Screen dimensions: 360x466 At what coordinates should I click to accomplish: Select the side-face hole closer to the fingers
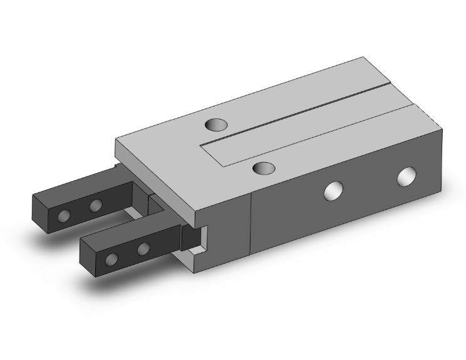pos(333,191)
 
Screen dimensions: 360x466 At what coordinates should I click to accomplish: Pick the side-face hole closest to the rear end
pos(407,177)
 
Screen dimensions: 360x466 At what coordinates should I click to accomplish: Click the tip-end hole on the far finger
pos(63,216)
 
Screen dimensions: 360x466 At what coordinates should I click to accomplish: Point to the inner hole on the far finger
pos(95,205)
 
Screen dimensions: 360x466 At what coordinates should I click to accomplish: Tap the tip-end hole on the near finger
pos(112,259)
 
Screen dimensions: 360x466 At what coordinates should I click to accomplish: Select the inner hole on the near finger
pos(143,249)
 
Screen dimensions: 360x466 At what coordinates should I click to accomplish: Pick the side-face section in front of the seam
pos(229,238)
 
